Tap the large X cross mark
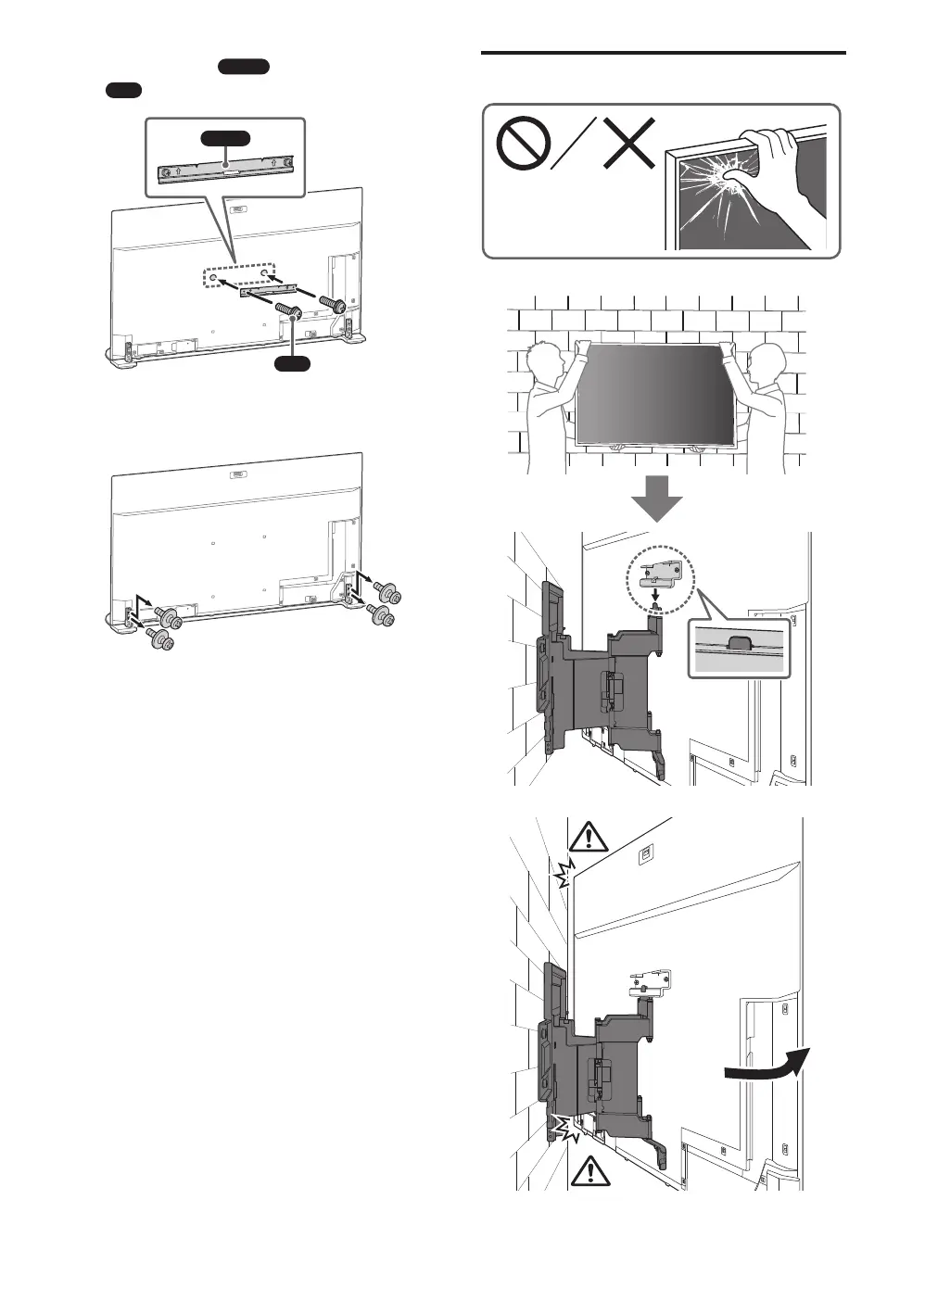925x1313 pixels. pos(630,144)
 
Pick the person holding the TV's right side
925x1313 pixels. pos(766,398)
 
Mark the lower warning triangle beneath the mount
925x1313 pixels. pos(588,1172)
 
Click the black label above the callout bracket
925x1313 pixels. pos(225,138)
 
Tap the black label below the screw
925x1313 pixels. pos(298,363)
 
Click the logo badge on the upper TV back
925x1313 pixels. pos(239,211)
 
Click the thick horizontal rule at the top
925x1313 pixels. pos(665,53)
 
